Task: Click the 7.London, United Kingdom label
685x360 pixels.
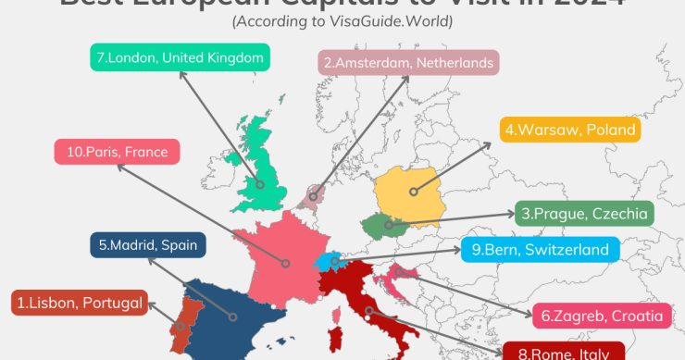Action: click(181, 58)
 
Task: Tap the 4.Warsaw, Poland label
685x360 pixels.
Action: click(569, 130)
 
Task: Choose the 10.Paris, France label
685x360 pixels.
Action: click(116, 152)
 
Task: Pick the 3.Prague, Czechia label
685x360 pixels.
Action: click(583, 214)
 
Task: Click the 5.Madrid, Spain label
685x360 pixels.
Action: click(148, 245)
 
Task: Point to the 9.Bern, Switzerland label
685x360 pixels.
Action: click(539, 249)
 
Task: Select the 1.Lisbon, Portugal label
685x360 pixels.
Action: click(80, 302)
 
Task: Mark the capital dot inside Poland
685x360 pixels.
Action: click(413, 193)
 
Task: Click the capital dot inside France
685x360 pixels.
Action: click(285, 264)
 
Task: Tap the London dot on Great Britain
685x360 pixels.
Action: click(262, 185)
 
